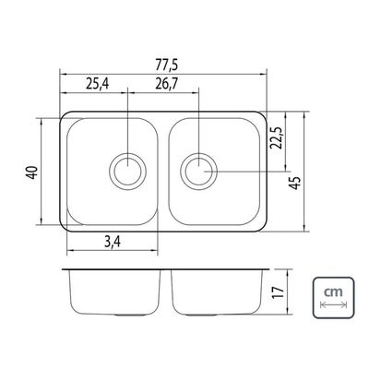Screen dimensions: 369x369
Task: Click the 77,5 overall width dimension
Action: coord(167,65)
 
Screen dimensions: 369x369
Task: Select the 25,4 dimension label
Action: coord(97,84)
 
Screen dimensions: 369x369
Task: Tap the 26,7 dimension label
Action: coord(166,84)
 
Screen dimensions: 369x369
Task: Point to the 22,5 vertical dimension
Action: coord(277,137)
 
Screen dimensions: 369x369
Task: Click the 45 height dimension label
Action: coord(294,184)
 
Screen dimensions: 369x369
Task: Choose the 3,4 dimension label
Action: coord(113,243)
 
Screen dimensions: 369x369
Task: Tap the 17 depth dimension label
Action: coord(277,292)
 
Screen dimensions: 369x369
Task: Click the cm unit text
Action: coord(334,292)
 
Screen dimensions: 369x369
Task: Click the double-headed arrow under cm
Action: coord(334,304)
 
